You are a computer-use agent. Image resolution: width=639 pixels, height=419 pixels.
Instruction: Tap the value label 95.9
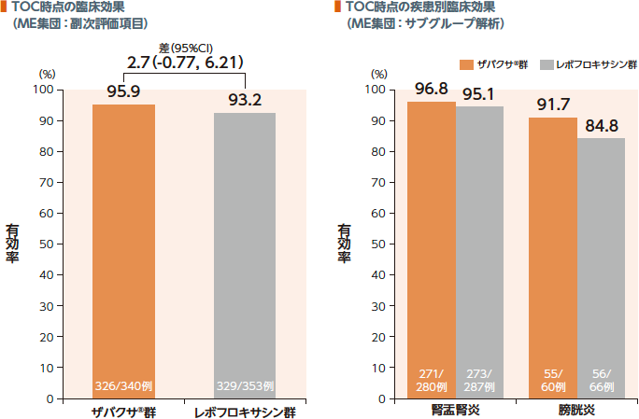[x=123, y=92]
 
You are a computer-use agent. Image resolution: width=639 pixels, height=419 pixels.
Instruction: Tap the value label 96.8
[x=432, y=90]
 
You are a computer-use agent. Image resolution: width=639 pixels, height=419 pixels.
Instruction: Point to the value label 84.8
[x=602, y=125]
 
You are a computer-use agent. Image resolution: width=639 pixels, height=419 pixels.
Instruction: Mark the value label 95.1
[x=480, y=93]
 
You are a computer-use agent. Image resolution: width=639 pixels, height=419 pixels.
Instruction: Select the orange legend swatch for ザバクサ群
[x=467, y=64]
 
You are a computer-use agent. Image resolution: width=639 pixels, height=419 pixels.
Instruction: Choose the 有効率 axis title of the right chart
[x=344, y=245]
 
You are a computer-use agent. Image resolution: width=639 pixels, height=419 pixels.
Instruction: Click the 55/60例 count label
[x=553, y=380]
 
